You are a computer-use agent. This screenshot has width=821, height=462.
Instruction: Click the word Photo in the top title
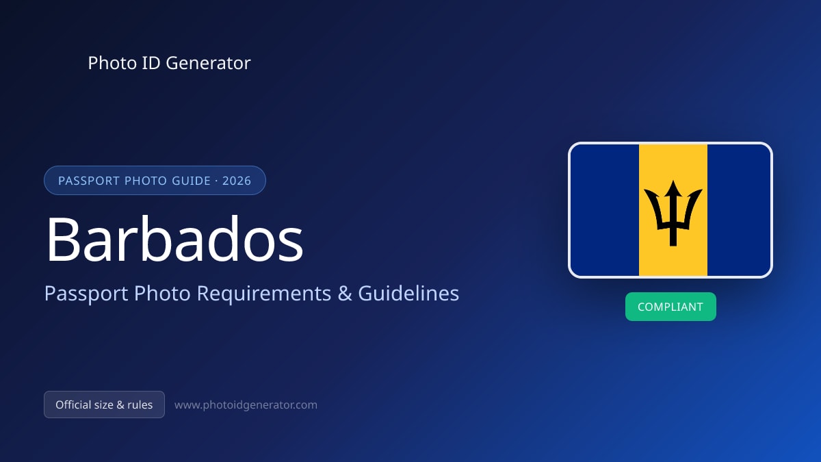[112, 63]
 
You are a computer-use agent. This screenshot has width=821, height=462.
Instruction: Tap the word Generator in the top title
[208, 63]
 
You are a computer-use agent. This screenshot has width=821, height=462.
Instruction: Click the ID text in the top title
[151, 63]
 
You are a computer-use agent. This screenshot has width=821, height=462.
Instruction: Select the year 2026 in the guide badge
[237, 181]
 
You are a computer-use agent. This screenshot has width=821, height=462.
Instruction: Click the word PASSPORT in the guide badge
[89, 181]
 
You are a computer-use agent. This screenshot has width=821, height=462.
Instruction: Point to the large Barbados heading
[174, 239]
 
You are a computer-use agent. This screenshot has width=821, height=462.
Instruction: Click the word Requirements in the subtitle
[264, 294]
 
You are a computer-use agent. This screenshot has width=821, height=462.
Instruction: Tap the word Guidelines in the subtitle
[408, 293]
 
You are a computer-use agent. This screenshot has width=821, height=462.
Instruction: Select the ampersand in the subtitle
[345, 294]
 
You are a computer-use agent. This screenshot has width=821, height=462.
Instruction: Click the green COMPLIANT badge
[670, 307]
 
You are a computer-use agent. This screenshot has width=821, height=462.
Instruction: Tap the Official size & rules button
[104, 405]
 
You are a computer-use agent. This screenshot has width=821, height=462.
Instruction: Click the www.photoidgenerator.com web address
[246, 405]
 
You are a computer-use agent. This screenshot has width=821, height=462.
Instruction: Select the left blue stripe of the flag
[605, 209]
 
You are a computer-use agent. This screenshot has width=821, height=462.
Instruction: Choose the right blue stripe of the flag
[739, 209]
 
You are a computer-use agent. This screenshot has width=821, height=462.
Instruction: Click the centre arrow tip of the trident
[673, 181]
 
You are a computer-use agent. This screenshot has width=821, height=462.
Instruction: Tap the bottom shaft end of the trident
[673, 246]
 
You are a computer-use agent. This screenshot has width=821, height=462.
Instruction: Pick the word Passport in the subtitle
[86, 294]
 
